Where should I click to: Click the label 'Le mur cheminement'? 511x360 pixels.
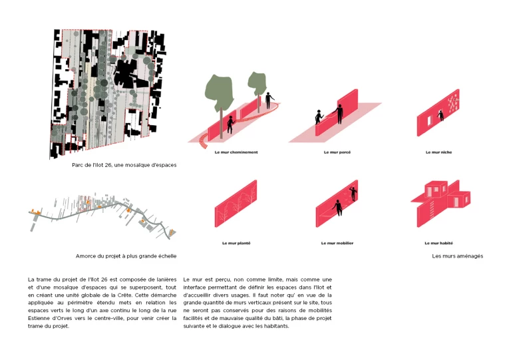236,152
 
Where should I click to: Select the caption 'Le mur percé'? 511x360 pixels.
337,152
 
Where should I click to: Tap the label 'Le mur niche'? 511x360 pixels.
438,152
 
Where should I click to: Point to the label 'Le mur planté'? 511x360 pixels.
236,243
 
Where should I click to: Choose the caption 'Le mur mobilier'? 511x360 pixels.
337,243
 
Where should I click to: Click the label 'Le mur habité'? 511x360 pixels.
438,243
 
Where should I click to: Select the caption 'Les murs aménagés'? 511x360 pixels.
457,256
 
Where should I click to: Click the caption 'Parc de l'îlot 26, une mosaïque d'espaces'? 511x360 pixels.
124,164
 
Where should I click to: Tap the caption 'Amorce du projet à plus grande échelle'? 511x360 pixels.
126,256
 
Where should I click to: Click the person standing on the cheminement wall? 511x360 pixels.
268,100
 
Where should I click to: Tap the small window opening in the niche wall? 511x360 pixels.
440,118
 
